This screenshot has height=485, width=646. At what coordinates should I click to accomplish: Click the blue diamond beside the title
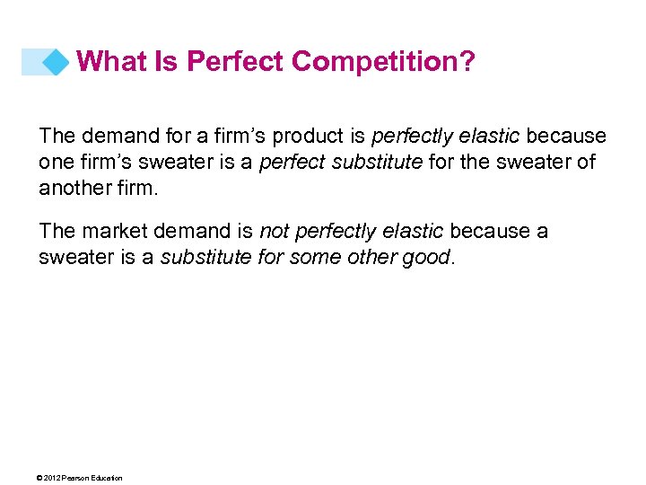tap(57, 62)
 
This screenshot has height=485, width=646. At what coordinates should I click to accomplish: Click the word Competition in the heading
tap(380, 62)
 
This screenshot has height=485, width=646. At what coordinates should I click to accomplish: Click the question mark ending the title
tap(469, 61)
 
